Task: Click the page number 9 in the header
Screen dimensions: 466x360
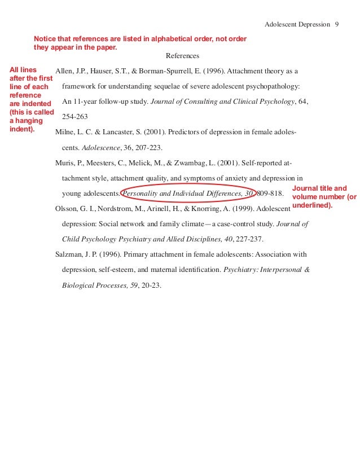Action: [x=336, y=25]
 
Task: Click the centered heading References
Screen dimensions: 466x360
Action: [x=182, y=56]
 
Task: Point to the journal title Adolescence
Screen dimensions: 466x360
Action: [x=101, y=147]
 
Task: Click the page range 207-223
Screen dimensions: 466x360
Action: [x=146, y=147]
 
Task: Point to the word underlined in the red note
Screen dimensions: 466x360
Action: [x=311, y=205]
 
